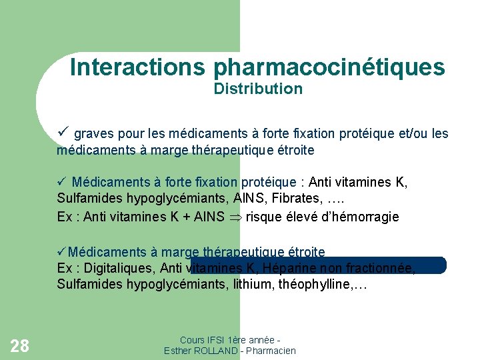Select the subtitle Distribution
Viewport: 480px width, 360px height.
click(258, 89)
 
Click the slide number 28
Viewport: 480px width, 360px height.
click(20, 345)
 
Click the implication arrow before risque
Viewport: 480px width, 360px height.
click(236, 217)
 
